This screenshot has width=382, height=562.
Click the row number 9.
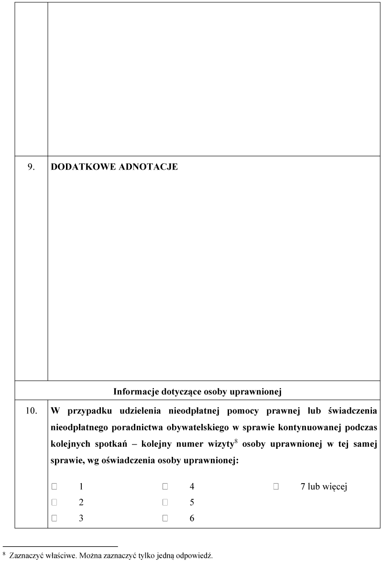click(x=31, y=168)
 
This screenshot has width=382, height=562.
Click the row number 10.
click(x=31, y=411)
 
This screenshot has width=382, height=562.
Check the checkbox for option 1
click(x=55, y=486)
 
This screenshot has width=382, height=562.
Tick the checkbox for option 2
click(x=55, y=502)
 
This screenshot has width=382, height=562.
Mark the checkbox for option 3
click(x=55, y=518)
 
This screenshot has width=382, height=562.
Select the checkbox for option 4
click(x=165, y=486)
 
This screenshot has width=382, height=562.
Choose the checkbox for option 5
click(x=165, y=502)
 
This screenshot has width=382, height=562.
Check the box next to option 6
click(x=165, y=518)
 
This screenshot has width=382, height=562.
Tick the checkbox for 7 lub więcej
click(x=276, y=486)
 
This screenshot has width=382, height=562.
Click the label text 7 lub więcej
click(x=324, y=487)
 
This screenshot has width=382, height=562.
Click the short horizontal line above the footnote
click(x=60, y=546)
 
